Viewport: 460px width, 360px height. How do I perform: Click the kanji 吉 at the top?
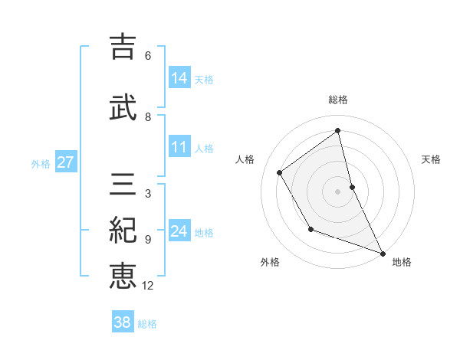click(x=122, y=46)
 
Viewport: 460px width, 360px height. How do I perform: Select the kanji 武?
click(x=123, y=107)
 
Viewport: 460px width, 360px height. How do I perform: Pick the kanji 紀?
click(x=123, y=231)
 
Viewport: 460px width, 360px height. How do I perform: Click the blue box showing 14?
click(x=179, y=77)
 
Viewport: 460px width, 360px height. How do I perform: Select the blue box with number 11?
click(x=179, y=147)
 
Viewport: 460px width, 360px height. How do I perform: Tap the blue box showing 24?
click(x=179, y=231)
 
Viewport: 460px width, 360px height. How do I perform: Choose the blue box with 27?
click(x=65, y=162)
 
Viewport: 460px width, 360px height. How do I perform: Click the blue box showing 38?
click(x=122, y=322)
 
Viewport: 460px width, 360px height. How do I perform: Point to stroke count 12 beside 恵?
click(x=147, y=286)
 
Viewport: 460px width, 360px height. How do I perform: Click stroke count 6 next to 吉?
click(x=147, y=55)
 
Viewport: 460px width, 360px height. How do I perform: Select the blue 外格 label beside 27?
click(x=41, y=163)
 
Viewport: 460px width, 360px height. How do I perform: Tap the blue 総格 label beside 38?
click(x=147, y=324)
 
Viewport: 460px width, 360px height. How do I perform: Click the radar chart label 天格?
click(x=431, y=159)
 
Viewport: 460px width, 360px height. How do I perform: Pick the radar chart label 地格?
click(x=402, y=263)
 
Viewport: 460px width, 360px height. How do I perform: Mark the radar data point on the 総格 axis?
click(x=337, y=131)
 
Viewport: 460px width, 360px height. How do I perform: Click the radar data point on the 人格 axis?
click(x=280, y=173)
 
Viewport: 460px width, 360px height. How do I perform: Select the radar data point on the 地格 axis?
click(x=383, y=254)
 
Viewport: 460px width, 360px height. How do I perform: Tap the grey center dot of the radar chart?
click(x=337, y=191)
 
